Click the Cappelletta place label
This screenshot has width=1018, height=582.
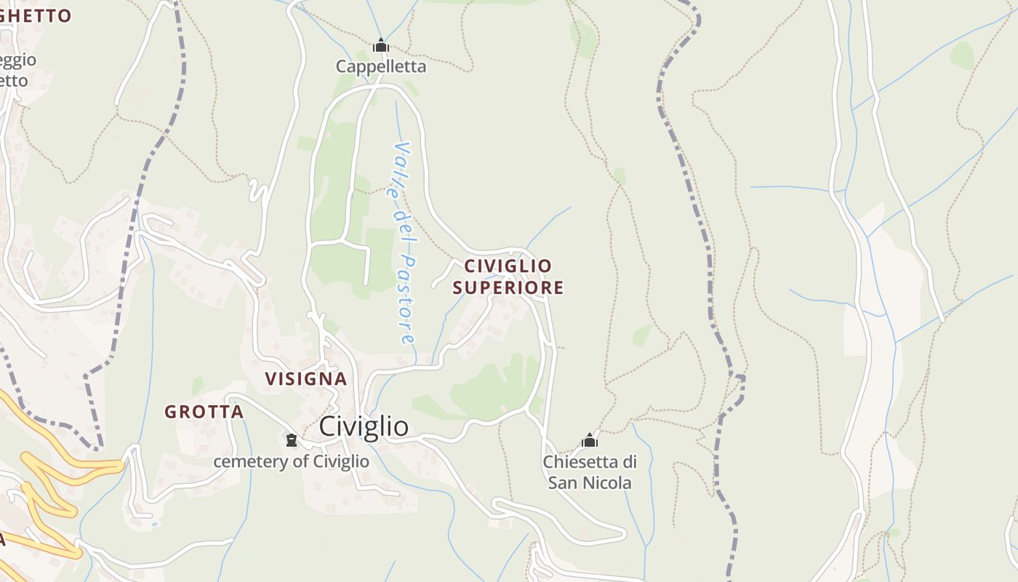coord(380,66)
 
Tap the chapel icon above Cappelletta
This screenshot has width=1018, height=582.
coord(380,46)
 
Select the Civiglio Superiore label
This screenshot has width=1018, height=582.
coord(508,276)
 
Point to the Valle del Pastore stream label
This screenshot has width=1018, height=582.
coord(404,243)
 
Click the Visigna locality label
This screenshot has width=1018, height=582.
coord(305,379)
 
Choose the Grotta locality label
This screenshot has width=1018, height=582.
coord(204,412)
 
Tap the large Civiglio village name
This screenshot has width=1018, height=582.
coord(364,426)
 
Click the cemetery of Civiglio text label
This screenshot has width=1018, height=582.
coord(291,461)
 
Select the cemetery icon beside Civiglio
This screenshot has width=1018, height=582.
coord(292,440)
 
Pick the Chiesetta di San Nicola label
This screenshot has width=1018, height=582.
coord(590,472)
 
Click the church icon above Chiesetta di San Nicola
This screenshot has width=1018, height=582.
coord(590,440)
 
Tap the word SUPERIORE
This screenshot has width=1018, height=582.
coord(508,287)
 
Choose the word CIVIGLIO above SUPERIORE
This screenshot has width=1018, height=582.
coord(508,266)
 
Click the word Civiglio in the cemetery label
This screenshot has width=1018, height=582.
coord(341,461)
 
